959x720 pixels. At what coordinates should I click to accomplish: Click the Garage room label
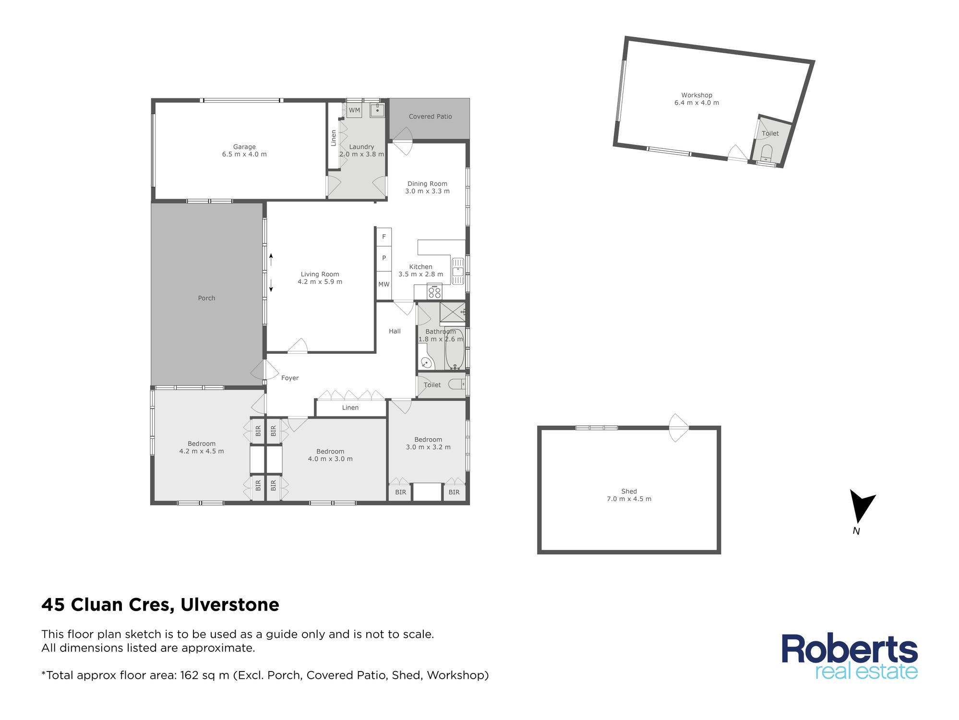[x=244, y=147]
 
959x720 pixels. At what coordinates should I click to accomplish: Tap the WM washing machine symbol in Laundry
[x=354, y=110]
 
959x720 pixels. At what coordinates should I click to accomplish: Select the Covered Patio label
[x=431, y=117]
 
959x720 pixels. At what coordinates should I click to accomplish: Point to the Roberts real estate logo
[x=850, y=657]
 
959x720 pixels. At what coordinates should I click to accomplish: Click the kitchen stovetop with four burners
[x=434, y=291]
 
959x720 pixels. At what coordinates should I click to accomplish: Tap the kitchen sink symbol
[x=458, y=271]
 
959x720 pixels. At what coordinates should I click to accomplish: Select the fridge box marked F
[x=384, y=237]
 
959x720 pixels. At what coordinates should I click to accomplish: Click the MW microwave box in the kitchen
[x=384, y=285]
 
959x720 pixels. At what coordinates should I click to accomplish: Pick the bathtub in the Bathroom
[x=455, y=349]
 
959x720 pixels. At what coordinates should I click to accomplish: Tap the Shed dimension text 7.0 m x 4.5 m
[x=629, y=499]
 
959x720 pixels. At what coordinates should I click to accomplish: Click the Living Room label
[x=320, y=275]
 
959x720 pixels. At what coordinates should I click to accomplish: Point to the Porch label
[x=206, y=298]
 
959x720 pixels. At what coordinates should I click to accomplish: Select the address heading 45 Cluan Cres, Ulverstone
[x=160, y=605]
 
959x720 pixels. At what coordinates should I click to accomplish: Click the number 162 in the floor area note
[x=189, y=675]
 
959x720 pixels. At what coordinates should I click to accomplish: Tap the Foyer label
[x=290, y=378]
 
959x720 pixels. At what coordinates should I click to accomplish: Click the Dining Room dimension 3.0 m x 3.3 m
[x=427, y=192]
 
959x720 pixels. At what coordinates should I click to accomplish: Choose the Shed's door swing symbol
[x=678, y=428]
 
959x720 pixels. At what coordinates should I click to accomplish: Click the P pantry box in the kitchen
[x=384, y=258]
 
